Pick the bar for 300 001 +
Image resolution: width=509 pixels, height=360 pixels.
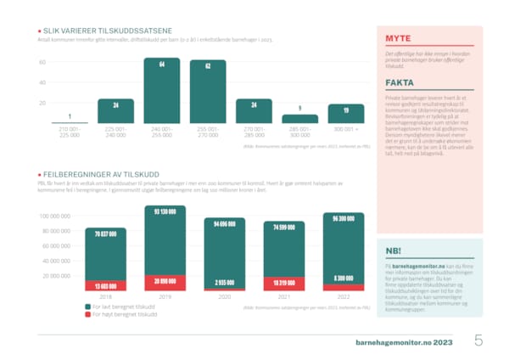coord(345,113)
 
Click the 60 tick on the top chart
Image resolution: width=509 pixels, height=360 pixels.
coord(42,63)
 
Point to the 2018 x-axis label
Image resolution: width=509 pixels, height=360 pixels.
coord(105,297)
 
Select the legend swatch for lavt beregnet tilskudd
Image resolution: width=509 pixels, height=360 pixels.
coord(88,306)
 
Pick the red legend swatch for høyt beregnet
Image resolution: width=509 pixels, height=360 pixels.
coord(88,314)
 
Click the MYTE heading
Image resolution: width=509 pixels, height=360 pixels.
coord(399,39)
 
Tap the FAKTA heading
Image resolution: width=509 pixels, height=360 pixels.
coord(401,83)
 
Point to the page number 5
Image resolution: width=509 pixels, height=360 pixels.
coord(479,341)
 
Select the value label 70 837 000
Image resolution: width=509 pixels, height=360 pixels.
coord(105,233)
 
